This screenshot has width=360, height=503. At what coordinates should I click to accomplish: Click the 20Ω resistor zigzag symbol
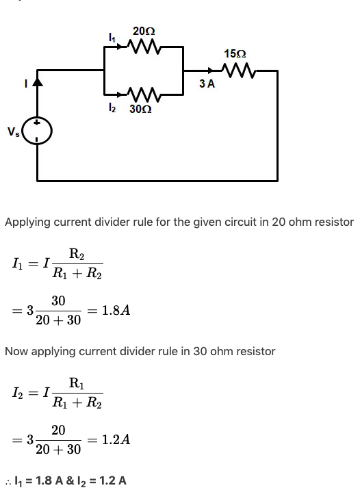[x=144, y=47]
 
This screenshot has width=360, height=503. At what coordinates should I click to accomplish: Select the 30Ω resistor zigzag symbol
[x=144, y=94]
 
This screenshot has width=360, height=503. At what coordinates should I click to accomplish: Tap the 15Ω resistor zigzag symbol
[x=239, y=70]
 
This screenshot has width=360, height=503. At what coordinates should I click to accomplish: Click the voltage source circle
[x=38, y=131]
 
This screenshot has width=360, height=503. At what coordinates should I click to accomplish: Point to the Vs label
[x=14, y=131]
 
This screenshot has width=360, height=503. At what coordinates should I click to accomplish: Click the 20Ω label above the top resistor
[x=144, y=31]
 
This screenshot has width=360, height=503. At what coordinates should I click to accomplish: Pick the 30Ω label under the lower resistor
[x=140, y=109]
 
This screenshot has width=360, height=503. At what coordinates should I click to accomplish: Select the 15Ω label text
[x=235, y=54]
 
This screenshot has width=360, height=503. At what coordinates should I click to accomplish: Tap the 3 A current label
[x=207, y=83]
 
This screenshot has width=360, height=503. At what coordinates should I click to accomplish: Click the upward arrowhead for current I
[x=38, y=82]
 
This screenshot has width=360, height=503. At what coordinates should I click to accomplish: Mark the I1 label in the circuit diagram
[x=112, y=38]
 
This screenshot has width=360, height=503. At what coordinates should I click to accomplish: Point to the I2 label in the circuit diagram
[x=112, y=108]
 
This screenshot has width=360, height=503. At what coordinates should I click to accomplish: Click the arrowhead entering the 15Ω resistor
[x=210, y=70]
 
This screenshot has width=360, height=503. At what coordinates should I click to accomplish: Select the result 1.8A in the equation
[x=116, y=311]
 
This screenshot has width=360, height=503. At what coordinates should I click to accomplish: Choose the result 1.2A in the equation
[x=116, y=439]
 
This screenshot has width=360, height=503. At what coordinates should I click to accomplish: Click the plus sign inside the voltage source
[x=37, y=122]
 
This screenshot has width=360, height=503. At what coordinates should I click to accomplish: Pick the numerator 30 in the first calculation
[x=58, y=301]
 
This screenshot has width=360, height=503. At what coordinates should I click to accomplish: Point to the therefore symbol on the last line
[x=8, y=482]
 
